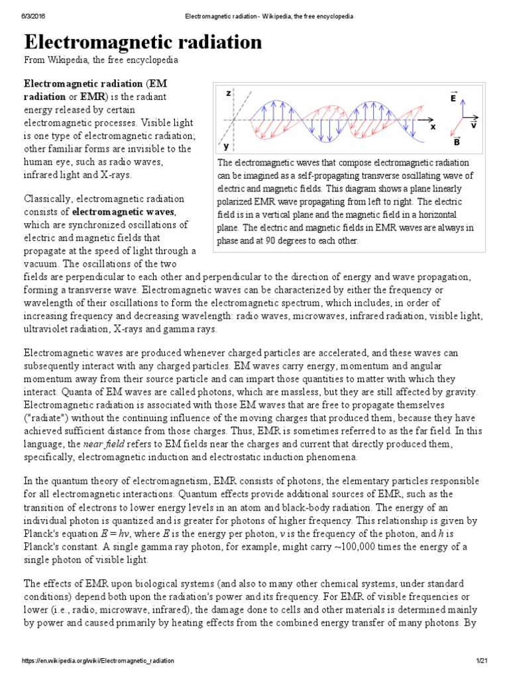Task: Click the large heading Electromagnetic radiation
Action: [x=143, y=42]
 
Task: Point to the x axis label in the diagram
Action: [x=433, y=125]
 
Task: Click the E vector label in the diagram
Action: [x=453, y=97]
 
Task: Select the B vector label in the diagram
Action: [x=457, y=142]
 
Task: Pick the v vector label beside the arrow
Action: [x=474, y=124]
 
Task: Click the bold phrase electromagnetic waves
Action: [x=123, y=212]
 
